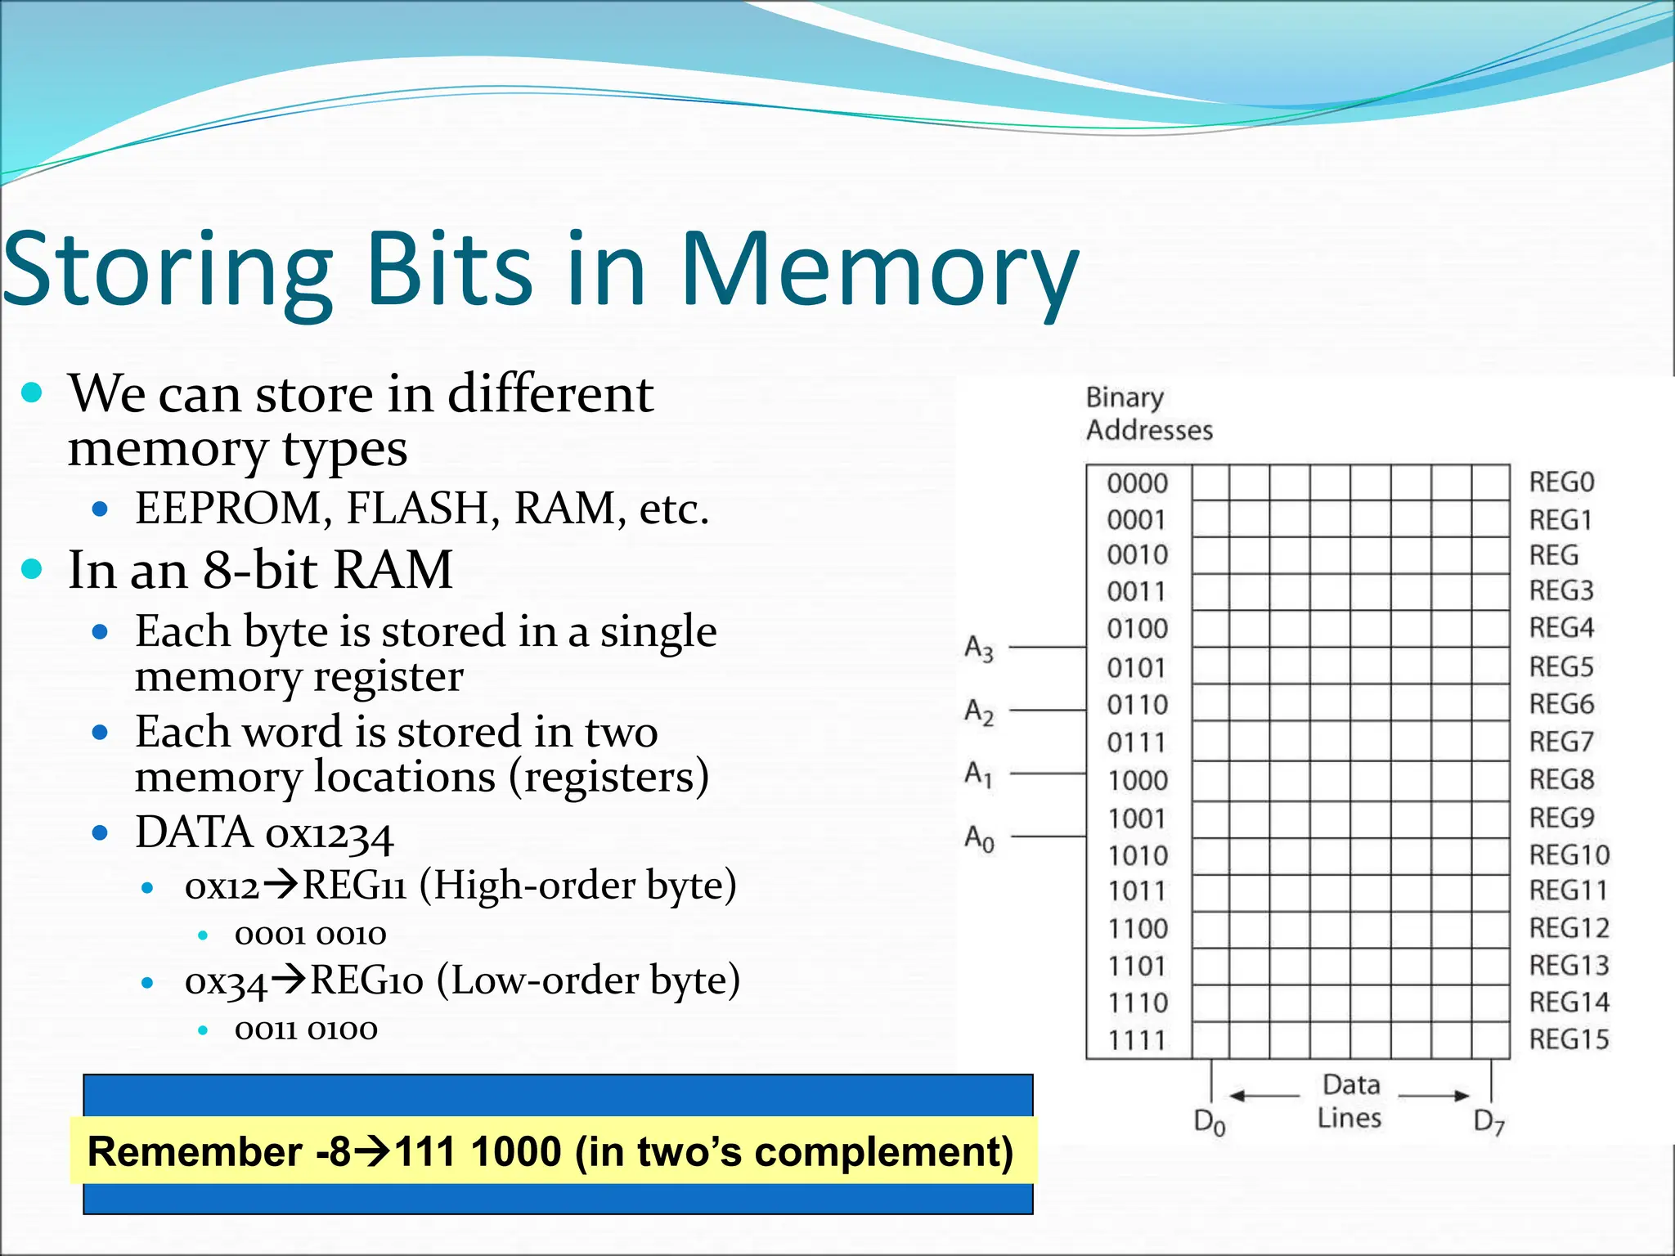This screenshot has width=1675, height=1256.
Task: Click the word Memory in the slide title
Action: point(879,270)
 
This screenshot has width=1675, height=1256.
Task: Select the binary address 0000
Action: point(1137,483)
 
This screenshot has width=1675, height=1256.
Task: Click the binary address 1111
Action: point(1137,1040)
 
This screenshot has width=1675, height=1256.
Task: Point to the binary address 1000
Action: point(1137,780)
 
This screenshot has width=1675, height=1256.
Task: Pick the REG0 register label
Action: point(1561,482)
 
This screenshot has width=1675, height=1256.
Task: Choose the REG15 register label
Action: point(1569,1039)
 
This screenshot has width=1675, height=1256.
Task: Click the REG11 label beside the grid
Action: point(1569,890)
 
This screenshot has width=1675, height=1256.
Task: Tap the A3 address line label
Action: point(979,648)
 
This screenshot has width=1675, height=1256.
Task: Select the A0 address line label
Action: point(979,838)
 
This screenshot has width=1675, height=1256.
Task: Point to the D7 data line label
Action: point(1489,1122)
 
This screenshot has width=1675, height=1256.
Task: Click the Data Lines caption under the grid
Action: point(1350,1101)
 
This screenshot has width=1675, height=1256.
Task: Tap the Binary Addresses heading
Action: point(1148,414)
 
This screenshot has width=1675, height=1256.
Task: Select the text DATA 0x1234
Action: point(264,833)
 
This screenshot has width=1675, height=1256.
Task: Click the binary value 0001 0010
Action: point(310,934)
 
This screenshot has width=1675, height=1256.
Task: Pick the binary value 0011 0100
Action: point(306,1029)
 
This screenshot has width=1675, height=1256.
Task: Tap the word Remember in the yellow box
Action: point(195,1151)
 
